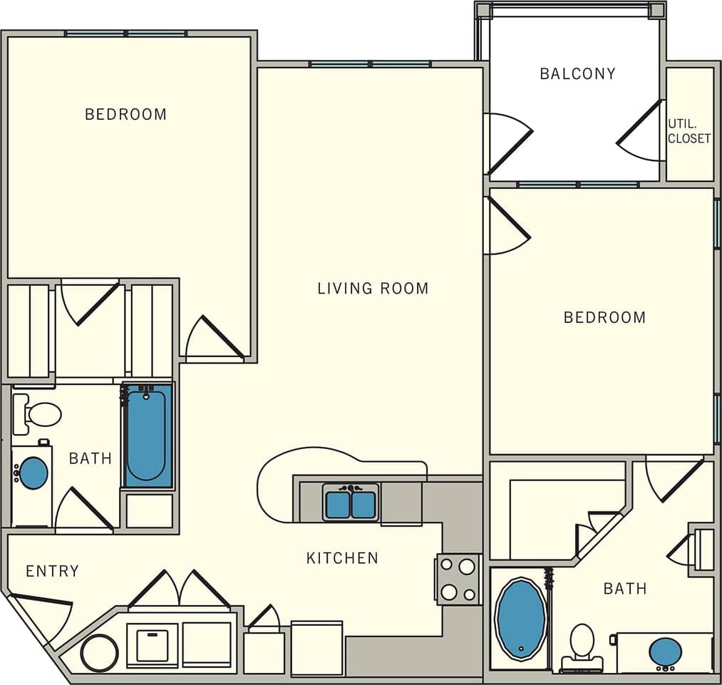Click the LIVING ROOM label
(373, 289)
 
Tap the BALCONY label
(577, 73)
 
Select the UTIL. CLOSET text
(689, 131)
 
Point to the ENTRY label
(52, 571)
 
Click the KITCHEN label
(342, 558)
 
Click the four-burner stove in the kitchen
(458, 580)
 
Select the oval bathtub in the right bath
(521, 619)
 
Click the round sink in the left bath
(33, 473)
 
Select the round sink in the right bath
(665, 651)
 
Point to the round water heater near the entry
(99, 653)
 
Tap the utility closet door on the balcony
(640, 132)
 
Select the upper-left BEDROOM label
(125, 114)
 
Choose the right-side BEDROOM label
(604, 317)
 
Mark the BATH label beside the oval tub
(625, 588)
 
